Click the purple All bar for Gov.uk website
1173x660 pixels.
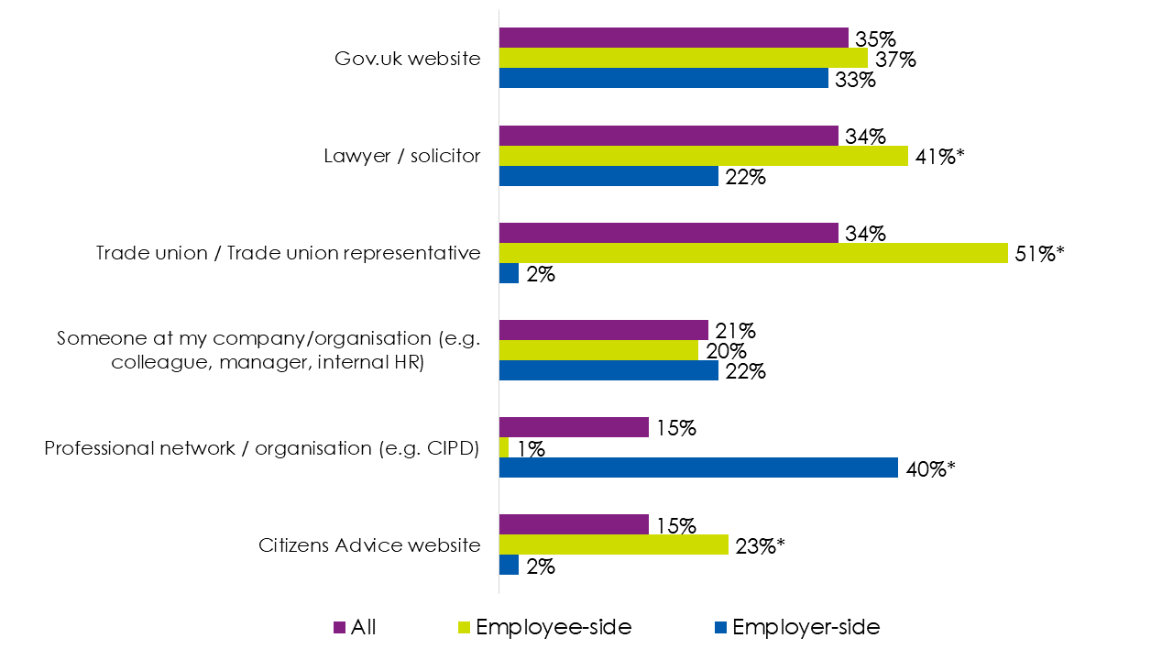(674, 38)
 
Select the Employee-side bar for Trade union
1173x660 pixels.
(753, 253)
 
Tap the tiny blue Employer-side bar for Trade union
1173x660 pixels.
(509, 273)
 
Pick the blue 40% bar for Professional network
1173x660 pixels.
(698, 467)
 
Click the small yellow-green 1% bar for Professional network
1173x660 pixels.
(504, 447)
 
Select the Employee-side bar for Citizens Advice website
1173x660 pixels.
(613, 545)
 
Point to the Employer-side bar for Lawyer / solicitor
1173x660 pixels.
(608, 176)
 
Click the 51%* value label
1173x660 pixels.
(1038, 254)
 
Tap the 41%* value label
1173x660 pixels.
(938, 157)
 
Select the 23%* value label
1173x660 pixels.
(760, 546)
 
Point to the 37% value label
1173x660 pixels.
(894, 60)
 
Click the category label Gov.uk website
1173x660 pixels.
(407, 59)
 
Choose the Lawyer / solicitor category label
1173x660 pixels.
(401, 156)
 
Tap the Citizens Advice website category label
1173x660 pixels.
(369, 545)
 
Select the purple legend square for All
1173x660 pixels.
(339, 628)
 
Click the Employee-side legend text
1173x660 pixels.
(553, 627)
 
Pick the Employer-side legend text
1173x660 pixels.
(806, 627)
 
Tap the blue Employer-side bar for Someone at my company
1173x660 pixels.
(608, 370)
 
